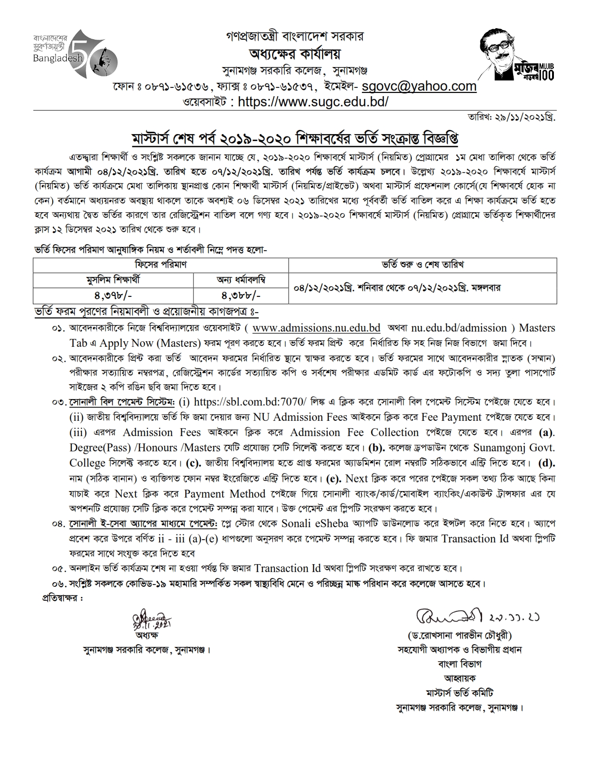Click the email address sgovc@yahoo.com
419,86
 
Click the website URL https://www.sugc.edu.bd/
313,102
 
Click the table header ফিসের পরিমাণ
161,265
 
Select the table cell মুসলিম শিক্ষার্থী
113,280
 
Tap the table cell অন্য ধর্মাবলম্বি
241,280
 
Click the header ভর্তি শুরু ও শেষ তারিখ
422,265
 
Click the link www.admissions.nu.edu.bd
317,328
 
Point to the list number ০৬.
59,583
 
